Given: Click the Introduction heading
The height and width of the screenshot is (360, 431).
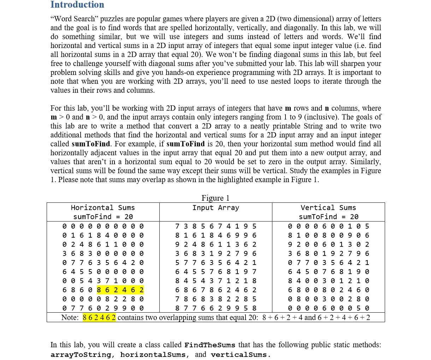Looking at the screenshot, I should coord(77,5).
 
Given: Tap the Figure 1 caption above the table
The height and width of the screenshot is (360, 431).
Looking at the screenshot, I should coord(215,198).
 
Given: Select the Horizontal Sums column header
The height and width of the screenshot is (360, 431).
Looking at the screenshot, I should coord(103,208).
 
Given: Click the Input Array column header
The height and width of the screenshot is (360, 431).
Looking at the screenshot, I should coord(215,208).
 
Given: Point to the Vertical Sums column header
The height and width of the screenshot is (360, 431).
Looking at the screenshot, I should coord(328,208).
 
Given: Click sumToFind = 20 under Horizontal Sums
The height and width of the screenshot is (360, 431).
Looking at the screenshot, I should coord(103,217).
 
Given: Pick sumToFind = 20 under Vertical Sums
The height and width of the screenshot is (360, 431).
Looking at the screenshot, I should coord(328,217).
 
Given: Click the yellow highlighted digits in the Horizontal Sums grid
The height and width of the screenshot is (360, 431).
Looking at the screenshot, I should coord(120,290).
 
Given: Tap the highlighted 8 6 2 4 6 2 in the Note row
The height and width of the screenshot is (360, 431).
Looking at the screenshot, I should coord(99,317).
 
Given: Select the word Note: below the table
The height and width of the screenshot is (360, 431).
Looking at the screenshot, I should coord(70,317).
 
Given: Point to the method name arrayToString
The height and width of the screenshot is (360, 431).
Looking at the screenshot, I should coord(81,355).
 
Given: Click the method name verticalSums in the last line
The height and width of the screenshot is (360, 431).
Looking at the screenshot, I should coord(241,355).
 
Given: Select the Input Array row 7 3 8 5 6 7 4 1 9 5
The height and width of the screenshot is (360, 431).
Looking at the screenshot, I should coord(215,226).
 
